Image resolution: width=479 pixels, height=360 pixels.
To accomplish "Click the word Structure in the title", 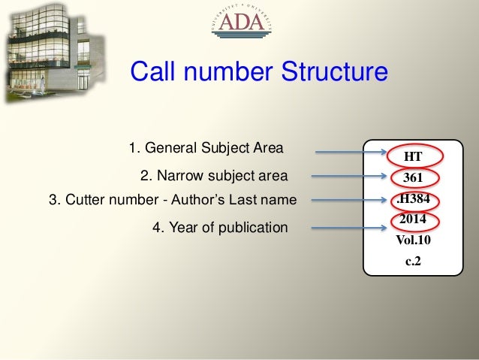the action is pyautogui.click(x=334, y=72).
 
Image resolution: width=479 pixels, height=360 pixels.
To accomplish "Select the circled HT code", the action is pyautogui.click(x=412, y=156).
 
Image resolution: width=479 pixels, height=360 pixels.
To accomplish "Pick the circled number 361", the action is pyautogui.click(x=412, y=178).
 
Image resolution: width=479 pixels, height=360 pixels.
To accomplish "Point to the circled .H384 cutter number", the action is pyautogui.click(x=413, y=199).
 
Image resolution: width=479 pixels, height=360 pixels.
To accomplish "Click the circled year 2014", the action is pyautogui.click(x=412, y=220).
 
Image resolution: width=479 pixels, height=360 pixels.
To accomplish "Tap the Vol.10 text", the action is pyautogui.click(x=413, y=241).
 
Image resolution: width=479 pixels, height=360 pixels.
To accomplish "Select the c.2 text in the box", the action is pyautogui.click(x=413, y=262).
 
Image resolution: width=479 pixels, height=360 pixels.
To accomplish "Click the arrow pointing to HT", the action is pyautogui.click(x=339, y=154).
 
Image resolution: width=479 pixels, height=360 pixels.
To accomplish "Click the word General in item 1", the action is pyautogui.click(x=172, y=147).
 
